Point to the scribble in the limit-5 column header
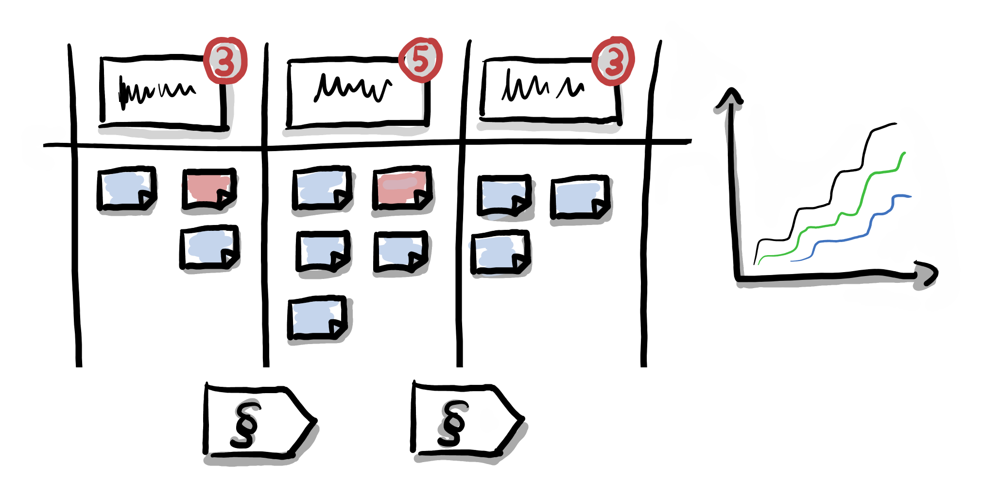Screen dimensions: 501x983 pyautogui.click(x=352, y=88)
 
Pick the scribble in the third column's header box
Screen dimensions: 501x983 pyautogui.click(x=542, y=87)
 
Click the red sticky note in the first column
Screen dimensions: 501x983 pyautogui.click(x=208, y=189)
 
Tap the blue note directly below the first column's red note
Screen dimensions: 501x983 pyautogui.click(x=209, y=247)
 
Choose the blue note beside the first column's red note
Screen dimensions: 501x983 pyautogui.click(x=126, y=189)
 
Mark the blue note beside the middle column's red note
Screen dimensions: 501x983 pyautogui.click(x=321, y=189)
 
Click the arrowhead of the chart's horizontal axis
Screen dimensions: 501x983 pyautogui.click(x=927, y=274)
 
